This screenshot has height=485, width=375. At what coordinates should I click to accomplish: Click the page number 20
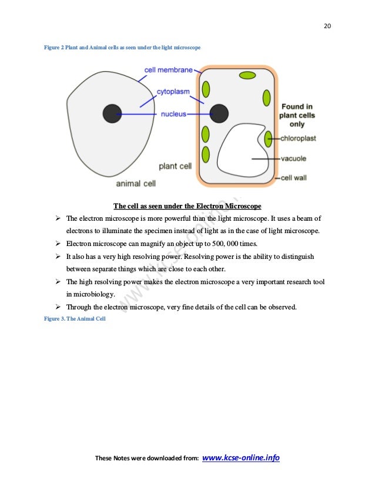(x=327, y=25)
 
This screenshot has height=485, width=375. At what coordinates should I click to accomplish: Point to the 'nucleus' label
(x=173, y=114)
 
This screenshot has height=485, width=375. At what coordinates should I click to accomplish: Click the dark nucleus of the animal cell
(x=112, y=113)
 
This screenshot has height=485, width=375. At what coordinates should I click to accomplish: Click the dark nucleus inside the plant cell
(x=219, y=113)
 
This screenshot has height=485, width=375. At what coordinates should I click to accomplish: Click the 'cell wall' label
(x=294, y=178)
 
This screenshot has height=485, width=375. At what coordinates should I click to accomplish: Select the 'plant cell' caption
(x=175, y=166)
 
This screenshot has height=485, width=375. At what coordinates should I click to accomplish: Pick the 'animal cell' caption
(x=136, y=183)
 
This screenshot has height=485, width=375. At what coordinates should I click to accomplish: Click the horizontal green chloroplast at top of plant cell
(x=247, y=75)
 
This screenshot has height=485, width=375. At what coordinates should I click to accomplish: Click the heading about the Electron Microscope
(x=187, y=206)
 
